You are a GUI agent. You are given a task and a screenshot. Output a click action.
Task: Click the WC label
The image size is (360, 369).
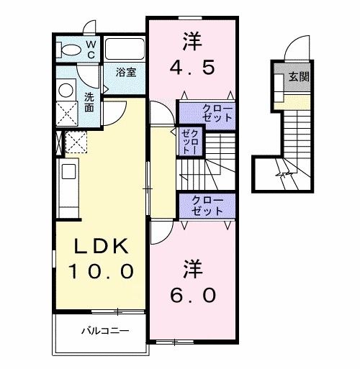coord(91,48)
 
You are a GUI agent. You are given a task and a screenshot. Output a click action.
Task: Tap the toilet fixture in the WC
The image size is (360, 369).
coord(71,50)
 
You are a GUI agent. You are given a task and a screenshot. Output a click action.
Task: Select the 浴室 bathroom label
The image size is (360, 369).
coord(127,72)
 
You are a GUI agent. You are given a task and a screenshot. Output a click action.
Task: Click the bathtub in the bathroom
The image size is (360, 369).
coord(125,50)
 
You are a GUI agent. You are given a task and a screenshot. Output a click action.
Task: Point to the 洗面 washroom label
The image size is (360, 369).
coord(89,101)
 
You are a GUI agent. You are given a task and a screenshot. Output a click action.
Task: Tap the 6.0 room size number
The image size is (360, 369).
coord(192,296)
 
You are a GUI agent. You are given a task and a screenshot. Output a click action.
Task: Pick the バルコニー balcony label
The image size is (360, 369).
coord(104,332)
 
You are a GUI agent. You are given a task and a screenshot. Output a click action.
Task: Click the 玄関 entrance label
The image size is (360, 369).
coord(300,76)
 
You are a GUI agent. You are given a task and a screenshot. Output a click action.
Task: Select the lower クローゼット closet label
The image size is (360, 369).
coord(207,206)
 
